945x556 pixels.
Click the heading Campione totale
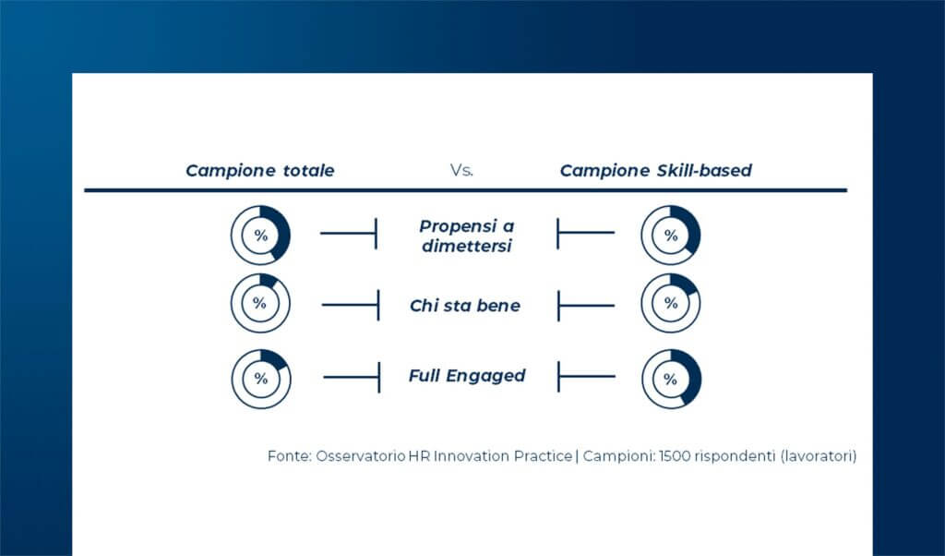259,171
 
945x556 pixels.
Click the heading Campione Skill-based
655,171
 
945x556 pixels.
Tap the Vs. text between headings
461,171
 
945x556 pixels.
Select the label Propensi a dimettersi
465,236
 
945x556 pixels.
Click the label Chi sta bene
465,306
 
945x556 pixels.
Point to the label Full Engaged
467,376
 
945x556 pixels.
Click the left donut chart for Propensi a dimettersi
260,236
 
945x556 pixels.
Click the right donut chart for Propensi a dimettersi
671,236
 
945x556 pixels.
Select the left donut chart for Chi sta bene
260,304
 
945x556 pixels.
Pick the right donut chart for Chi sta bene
671,304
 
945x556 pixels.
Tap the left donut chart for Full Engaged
261,379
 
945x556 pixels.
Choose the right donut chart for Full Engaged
671,379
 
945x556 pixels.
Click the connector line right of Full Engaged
586,377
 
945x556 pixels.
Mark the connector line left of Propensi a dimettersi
348,233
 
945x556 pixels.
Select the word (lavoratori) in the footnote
819,456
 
